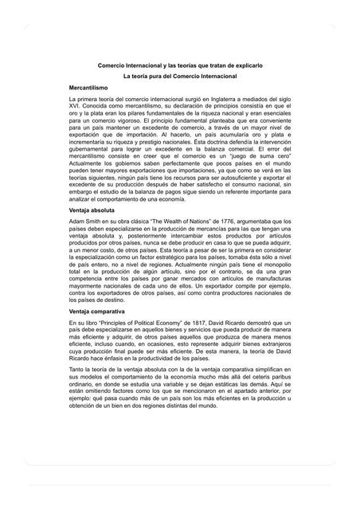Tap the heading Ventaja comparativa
pyautogui.click(x=97, y=316)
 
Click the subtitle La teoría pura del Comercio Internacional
pyautogui.click(x=180, y=73)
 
